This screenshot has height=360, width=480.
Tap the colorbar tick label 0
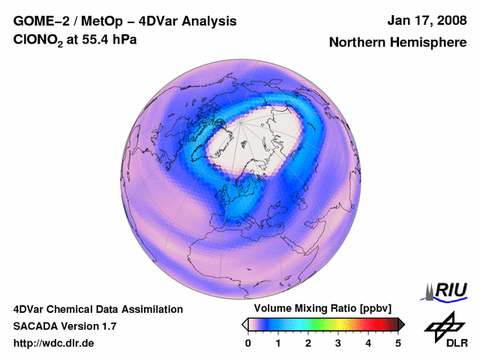248,343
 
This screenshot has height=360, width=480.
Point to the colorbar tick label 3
338,343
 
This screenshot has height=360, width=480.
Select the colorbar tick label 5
398,343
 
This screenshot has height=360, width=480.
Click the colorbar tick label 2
308,343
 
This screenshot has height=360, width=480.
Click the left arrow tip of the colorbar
244,324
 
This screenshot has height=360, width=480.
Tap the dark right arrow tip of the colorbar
401,324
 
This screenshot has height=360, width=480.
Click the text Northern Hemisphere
397,43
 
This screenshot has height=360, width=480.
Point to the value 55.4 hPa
109,38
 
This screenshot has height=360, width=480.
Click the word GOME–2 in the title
37,20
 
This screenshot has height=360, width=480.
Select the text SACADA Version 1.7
64,326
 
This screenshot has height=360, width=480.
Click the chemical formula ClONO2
38,39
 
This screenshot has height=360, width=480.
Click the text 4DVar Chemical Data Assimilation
97,309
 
